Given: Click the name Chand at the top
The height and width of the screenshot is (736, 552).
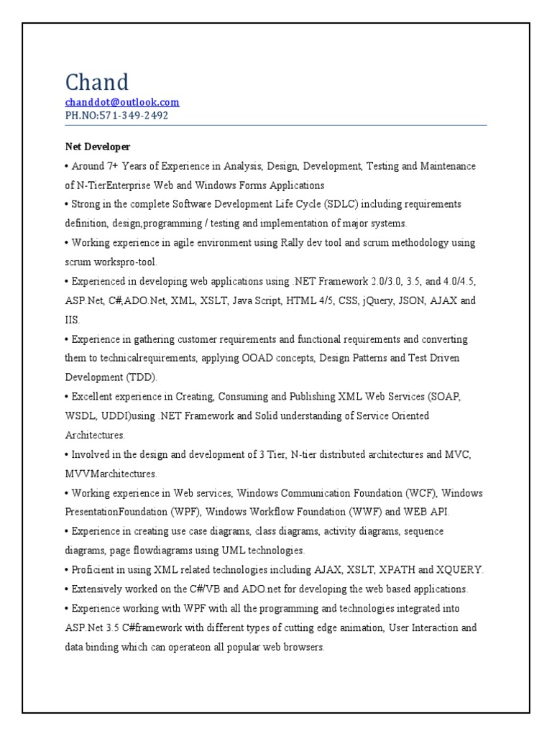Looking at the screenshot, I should point(97,81).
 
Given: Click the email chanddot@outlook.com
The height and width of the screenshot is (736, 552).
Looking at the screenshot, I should point(122,102).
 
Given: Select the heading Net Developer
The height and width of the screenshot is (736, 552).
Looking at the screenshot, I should point(98,147).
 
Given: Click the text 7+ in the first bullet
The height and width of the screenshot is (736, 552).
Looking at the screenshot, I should point(113,166).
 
